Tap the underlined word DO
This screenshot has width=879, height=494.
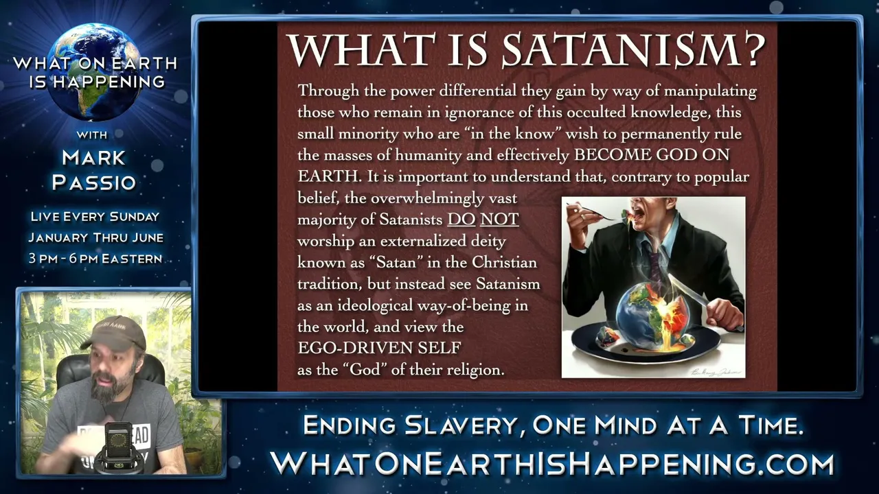[461, 220]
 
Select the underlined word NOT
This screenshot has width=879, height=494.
[499, 220]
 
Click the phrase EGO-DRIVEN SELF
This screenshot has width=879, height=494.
[379, 348]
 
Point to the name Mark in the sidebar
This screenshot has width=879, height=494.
[93, 158]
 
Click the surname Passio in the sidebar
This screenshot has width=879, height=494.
[94, 183]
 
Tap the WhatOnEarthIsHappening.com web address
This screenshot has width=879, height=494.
[552, 464]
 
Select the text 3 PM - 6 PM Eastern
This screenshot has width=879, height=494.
[95, 259]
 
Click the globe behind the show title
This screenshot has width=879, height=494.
[95, 73]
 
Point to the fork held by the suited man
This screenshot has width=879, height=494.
[597, 212]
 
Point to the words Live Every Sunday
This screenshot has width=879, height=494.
[95, 217]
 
